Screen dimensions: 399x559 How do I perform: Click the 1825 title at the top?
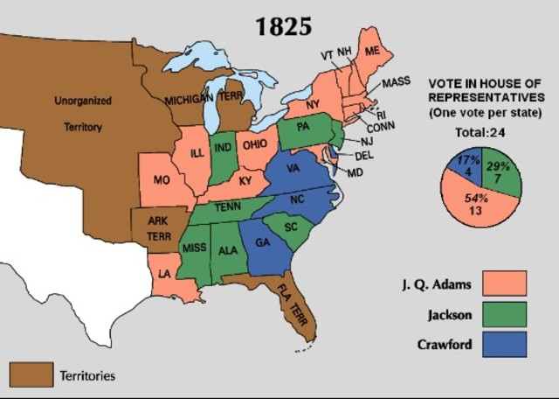click(x=283, y=26)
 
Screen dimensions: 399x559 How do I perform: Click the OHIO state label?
click(x=256, y=144)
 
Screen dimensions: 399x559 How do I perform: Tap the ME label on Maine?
click(x=372, y=52)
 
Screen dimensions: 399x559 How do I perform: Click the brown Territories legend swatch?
click(x=29, y=374)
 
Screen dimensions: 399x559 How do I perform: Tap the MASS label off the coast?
click(x=396, y=83)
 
